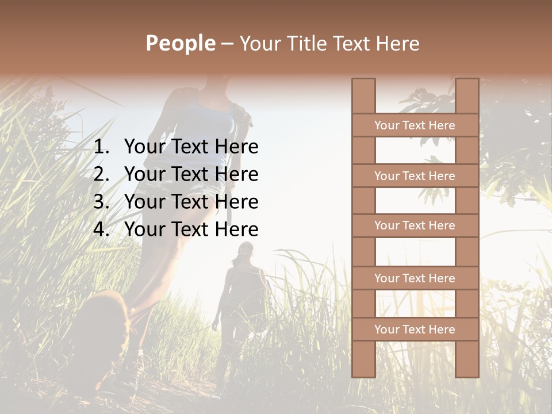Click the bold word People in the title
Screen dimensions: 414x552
click(180, 43)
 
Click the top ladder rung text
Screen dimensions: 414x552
click(415, 125)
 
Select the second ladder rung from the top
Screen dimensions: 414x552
click(415, 176)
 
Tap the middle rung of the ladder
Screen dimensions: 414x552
click(415, 226)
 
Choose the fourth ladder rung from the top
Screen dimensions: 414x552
click(415, 278)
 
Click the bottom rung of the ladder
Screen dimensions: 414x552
click(415, 329)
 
